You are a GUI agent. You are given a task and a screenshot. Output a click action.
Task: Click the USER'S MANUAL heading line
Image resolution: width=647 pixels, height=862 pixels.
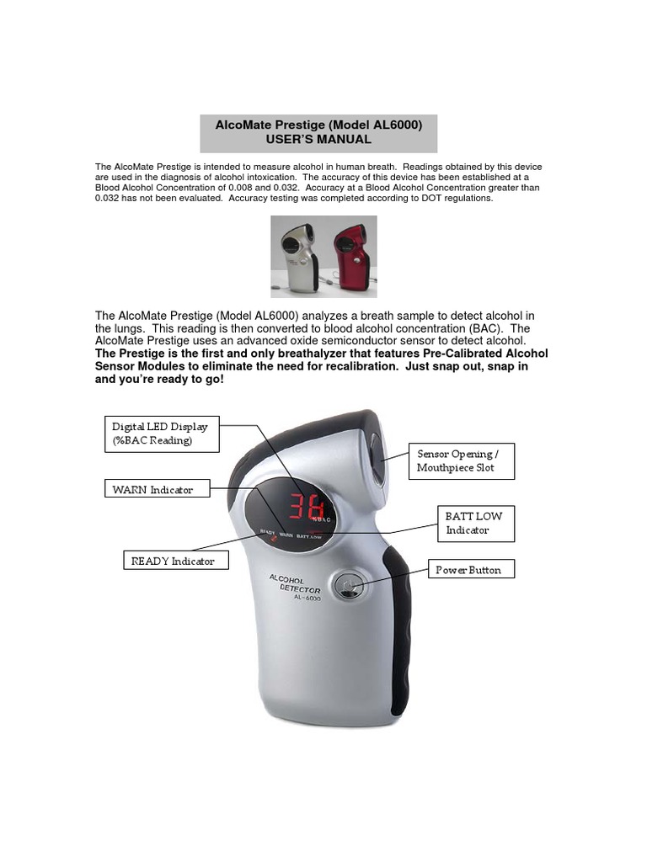point(318,139)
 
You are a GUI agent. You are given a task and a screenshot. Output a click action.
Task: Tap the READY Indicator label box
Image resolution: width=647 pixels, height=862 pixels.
point(176,561)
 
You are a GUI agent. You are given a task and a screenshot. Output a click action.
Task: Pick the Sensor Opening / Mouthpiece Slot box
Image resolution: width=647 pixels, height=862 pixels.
point(461,460)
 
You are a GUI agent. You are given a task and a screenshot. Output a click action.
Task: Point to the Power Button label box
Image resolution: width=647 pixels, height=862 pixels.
point(468,570)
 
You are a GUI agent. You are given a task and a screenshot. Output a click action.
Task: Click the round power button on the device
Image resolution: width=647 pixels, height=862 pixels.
point(346,586)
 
